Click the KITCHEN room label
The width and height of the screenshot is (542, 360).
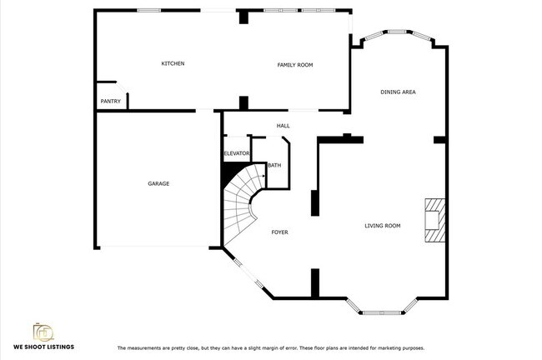coord(173,64)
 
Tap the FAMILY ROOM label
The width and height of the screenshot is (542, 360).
coord(294,64)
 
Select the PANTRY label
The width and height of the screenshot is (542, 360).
coord(110,102)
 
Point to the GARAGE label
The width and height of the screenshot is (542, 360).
coord(158,183)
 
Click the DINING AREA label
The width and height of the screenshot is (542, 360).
coord(398,92)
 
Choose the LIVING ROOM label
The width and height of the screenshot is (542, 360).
coord(383,225)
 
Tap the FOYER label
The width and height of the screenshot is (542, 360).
coord(279,232)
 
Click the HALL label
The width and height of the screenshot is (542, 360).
coord(283,126)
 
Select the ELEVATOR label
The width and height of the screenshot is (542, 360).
coord(237,153)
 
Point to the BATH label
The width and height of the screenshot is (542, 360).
coord(274,165)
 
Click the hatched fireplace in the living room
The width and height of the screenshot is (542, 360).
coord(434,220)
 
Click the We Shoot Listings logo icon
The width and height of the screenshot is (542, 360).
coord(43,330)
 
